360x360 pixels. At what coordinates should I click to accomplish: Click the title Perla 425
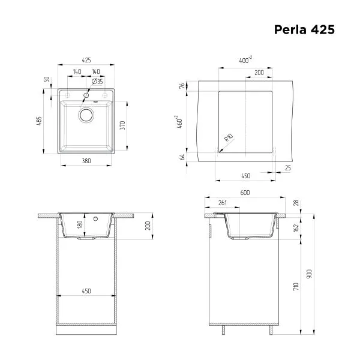pos(304,29)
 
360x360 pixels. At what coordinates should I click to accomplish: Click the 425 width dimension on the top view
pos(86,61)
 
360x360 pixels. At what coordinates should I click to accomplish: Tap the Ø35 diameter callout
pos(98,81)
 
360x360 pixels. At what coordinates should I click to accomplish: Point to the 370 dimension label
pos(121,125)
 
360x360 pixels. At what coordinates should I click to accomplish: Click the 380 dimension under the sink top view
pos(86,161)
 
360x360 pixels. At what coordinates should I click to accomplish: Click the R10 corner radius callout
pos(228,140)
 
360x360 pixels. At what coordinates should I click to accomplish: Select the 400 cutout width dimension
pos(245,61)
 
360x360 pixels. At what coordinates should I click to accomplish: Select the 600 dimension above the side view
pos(245,192)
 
